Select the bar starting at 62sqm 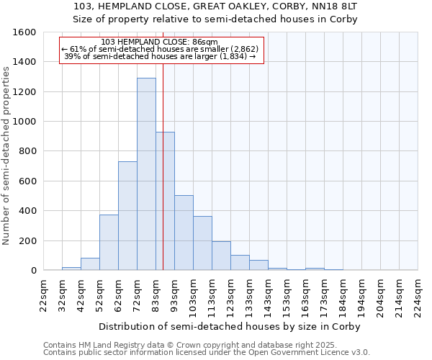click(127, 216)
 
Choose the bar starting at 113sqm click(221, 256)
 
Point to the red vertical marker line click(163, 166)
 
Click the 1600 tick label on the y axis click(24, 32)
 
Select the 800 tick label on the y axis click(27, 151)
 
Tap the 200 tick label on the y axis click(27, 240)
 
